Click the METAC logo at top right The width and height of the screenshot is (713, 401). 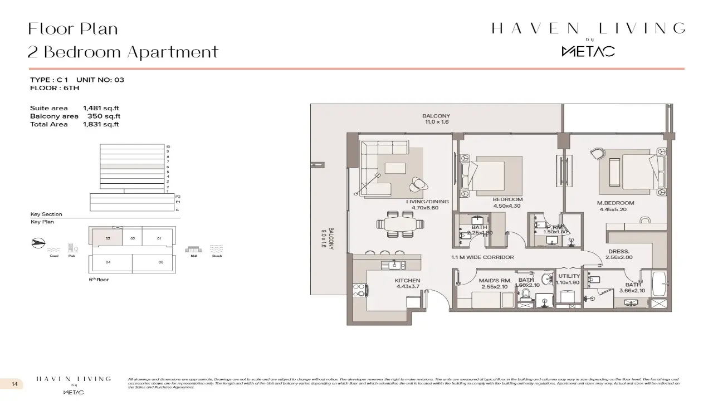[588, 51]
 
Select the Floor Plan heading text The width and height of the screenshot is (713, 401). [73, 28]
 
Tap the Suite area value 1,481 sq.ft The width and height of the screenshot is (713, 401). [101, 108]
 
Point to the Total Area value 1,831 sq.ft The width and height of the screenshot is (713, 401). [101, 124]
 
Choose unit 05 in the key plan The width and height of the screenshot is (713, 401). [160, 261]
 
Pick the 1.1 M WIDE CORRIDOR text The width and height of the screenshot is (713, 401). [482, 257]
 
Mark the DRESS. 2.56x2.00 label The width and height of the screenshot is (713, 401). [618, 255]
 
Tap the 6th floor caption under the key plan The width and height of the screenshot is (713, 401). [99, 280]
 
